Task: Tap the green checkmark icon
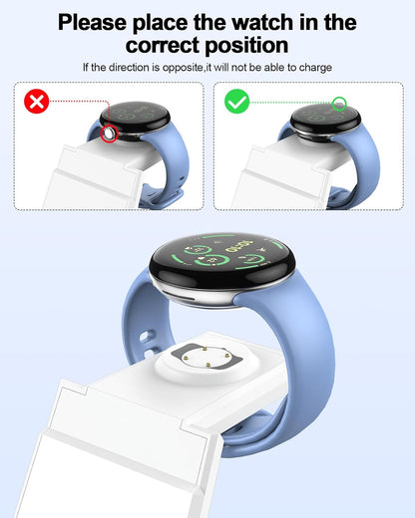(237, 102)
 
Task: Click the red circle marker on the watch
(108, 133)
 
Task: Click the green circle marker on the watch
(339, 103)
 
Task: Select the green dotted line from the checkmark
(289, 102)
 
